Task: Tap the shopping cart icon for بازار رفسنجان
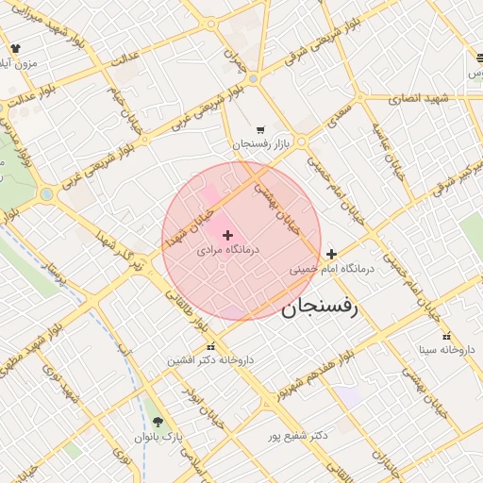(260, 130)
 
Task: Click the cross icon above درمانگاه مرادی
(227, 235)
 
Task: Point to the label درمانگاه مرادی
(227, 252)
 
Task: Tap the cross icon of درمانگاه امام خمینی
(331, 254)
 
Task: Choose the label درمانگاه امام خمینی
(332, 269)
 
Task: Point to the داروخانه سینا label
(442, 350)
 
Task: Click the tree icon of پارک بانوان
(157, 422)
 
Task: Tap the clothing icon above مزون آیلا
(16, 48)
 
